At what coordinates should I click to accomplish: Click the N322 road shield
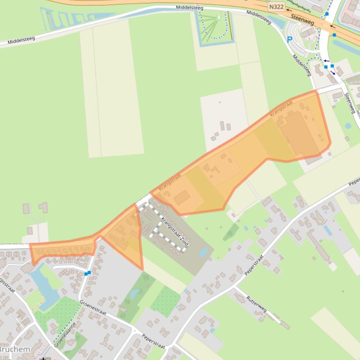tap(276, 7)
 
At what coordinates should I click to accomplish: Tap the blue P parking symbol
tap(290, 40)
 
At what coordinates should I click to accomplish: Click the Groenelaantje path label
tap(65, 333)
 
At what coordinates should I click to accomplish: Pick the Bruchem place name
tap(14, 349)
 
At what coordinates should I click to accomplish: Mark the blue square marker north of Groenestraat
tap(88, 273)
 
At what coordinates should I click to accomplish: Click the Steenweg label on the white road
tap(350, 103)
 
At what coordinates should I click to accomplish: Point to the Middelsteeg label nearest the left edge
tap(22, 41)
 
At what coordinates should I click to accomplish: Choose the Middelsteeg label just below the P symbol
tap(302, 65)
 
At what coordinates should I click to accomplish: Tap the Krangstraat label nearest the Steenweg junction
tap(281, 108)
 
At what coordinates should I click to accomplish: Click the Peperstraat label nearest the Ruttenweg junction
tap(254, 265)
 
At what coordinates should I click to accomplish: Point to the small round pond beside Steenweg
tap(348, 126)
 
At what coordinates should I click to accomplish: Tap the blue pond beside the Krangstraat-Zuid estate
tap(204, 252)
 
